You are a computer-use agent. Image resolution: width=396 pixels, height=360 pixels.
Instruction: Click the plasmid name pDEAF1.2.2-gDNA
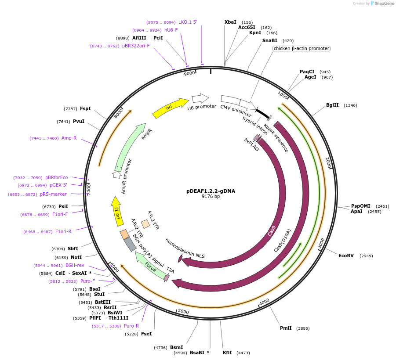(211, 191)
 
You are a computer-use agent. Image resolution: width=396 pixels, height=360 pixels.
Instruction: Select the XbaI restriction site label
(230, 22)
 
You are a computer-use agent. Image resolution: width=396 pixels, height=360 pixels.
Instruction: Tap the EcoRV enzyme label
(346, 256)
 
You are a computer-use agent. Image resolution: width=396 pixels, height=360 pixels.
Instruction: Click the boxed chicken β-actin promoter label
(301, 48)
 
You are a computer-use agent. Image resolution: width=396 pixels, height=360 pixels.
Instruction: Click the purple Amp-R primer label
(69, 138)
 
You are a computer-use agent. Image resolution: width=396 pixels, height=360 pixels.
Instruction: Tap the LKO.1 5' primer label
(188, 22)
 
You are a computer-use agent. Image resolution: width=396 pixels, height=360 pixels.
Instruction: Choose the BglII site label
(332, 105)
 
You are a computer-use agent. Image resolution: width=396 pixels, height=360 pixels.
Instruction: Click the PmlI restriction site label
(286, 328)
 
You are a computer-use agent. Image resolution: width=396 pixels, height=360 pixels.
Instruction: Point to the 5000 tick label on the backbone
(183, 312)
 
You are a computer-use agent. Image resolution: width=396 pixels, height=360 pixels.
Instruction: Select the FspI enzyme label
(85, 108)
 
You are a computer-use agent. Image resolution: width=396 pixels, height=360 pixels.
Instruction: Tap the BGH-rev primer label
(75, 265)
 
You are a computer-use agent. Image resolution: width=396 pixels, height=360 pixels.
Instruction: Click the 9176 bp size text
(211, 196)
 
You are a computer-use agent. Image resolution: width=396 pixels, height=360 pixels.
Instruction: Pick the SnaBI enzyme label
(270, 40)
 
